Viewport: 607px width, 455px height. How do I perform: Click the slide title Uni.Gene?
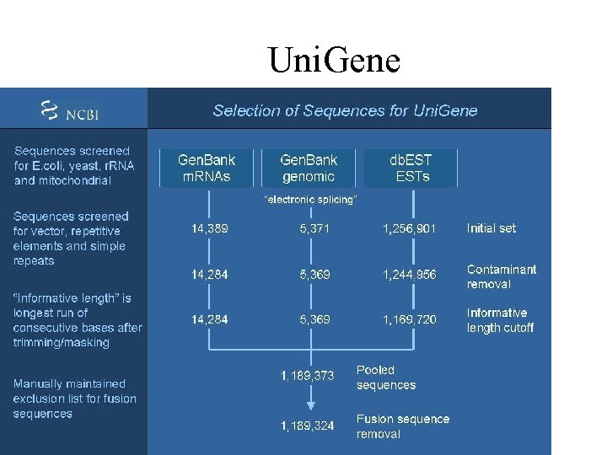click(334, 60)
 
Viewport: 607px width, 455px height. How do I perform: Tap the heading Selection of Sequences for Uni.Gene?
click(345, 110)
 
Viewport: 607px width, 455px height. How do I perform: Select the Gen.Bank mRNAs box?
click(207, 168)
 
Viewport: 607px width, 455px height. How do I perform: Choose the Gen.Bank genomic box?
click(309, 168)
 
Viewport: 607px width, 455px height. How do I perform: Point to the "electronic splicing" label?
click(310, 200)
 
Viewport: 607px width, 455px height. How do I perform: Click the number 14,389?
click(209, 228)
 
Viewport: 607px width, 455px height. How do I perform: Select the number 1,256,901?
click(410, 228)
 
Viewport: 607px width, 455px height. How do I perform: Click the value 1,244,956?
click(410, 275)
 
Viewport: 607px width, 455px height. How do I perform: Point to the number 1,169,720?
click(410, 320)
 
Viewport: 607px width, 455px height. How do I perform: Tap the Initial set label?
click(492, 228)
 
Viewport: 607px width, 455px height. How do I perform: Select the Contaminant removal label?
click(502, 276)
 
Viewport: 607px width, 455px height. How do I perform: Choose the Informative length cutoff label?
click(500, 320)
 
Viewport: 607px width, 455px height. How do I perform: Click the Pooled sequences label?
click(386, 377)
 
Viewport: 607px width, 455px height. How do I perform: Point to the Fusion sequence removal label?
click(403, 426)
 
